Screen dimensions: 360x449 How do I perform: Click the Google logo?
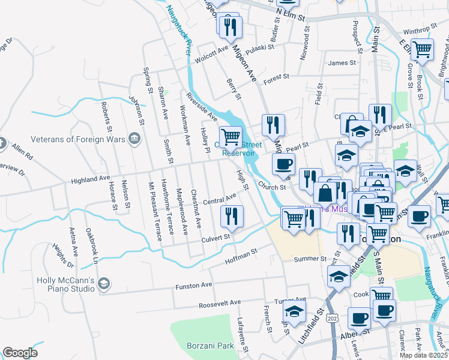pos(20,353)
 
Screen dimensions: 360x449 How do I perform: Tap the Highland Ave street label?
pos(91,178)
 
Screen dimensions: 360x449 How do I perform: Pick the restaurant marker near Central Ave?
pos(232,216)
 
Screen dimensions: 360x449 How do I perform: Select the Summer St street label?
pos(310,259)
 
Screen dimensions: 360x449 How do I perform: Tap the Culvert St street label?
pos(215,238)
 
